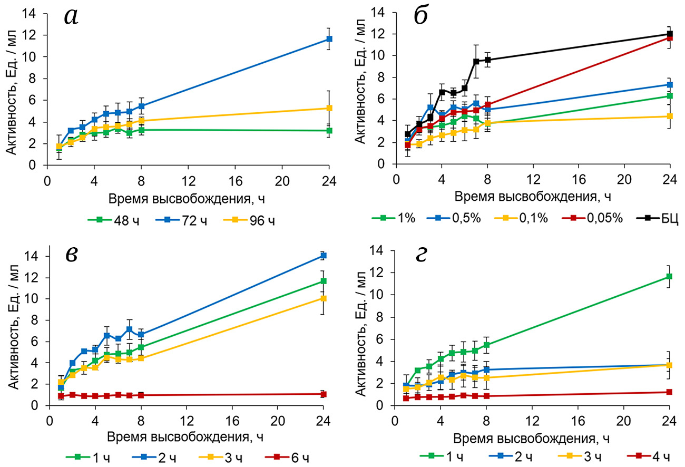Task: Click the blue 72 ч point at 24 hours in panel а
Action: click(329, 39)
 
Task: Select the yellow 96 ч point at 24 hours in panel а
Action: click(329, 108)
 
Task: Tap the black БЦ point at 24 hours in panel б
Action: click(670, 34)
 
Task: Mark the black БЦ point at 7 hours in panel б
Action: click(476, 61)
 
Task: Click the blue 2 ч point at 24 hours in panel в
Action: click(324, 256)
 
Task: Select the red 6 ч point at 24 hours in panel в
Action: click(324, 394)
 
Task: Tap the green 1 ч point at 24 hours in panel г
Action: click(670, 277)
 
